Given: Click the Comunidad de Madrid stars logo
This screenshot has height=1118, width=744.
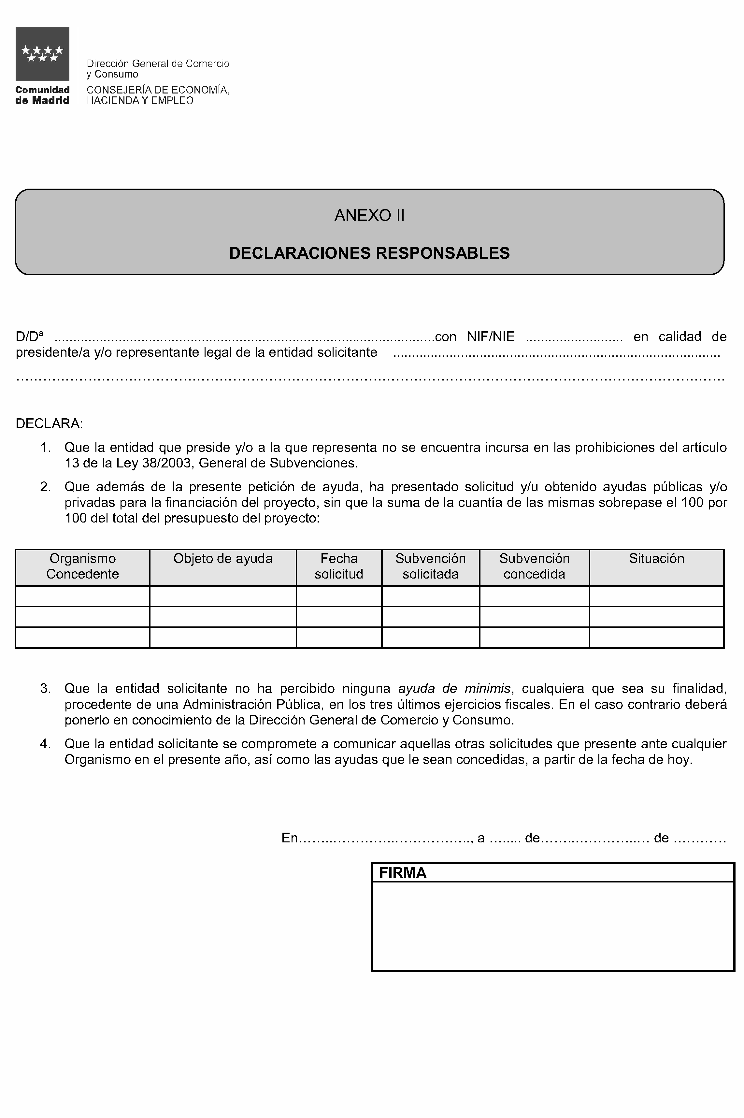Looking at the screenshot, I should point(42,54).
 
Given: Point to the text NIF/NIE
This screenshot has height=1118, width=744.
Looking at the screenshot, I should point(491,337).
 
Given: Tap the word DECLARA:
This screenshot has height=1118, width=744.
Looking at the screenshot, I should point(49,423).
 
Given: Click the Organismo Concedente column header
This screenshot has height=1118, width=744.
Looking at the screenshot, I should point(82,566).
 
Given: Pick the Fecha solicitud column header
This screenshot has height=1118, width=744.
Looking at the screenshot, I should point(339,566).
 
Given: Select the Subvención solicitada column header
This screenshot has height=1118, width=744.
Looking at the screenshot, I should point(430,566).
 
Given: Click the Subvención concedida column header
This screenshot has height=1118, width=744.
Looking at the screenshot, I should point(534,566).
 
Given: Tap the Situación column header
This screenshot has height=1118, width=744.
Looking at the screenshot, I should point(656,559).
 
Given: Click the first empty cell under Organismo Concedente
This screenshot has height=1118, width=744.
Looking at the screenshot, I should point(82,596).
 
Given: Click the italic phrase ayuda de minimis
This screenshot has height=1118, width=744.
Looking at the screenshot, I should point(454,688).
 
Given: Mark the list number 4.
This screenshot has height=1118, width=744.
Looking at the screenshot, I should point(45,744).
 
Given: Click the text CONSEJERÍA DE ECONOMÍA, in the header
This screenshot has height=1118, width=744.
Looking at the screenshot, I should point(158,90).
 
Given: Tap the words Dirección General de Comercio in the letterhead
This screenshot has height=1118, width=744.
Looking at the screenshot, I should point(158,64).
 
